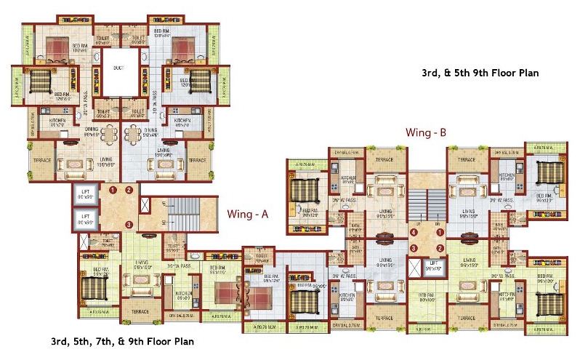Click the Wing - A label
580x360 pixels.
coord(249,215)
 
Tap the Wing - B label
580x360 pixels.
coord(426,133)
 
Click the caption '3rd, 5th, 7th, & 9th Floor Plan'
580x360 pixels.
coord(122,340)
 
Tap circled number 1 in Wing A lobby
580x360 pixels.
coord(113,190)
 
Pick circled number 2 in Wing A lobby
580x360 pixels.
coord(129,190)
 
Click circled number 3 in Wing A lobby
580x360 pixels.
coord(129,224)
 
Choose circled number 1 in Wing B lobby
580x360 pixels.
coord(438,233)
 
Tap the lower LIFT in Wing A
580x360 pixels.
coord(86,217)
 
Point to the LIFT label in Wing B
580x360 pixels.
coord(433,265)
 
